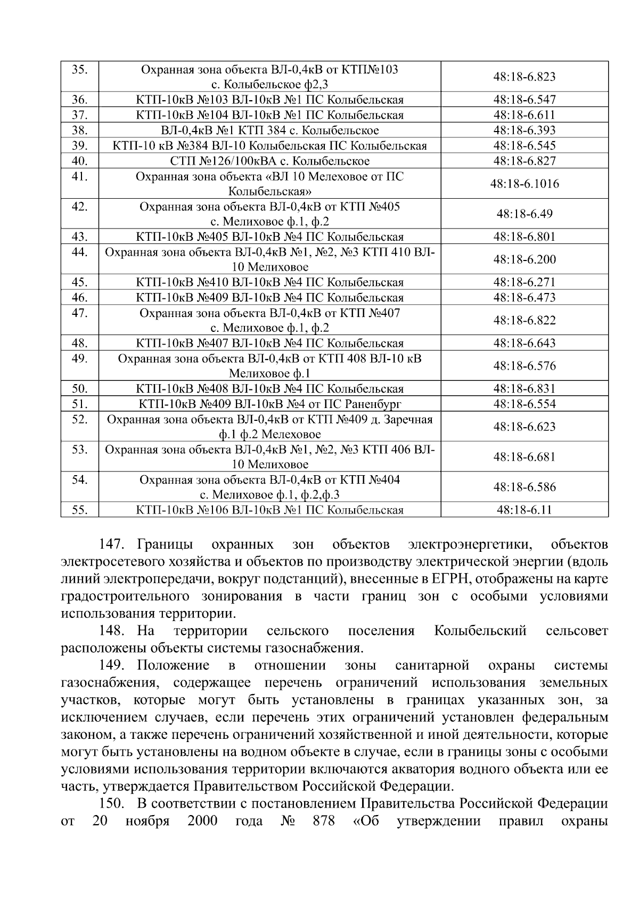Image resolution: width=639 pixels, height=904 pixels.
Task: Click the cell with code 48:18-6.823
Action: click(x=524, y=77)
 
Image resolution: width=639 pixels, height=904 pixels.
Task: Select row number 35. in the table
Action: click(x=80, y=70)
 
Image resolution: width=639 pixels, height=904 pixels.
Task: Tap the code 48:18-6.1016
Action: click(x=524, y=184)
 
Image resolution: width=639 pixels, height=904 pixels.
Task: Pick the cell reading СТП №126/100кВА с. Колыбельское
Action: click(x=269, y=161)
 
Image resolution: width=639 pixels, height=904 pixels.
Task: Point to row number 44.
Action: click(x=80, y=252)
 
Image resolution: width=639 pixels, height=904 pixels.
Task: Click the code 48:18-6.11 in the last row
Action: click(x=524, y=510)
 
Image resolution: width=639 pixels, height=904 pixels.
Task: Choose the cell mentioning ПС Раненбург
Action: click(x=269, y=404)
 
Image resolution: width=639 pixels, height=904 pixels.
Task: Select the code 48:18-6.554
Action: click(x=524, y=404)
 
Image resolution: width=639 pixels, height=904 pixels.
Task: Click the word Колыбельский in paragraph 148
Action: click(x=480, y=631)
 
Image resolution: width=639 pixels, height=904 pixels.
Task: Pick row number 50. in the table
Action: click(x=80, y=388)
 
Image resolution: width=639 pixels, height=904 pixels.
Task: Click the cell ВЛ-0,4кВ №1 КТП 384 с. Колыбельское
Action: click(x=269, y=131)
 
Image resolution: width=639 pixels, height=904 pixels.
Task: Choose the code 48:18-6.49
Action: click(x=524, y=214)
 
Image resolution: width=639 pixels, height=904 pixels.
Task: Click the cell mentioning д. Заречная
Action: click(x=269, y=427)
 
